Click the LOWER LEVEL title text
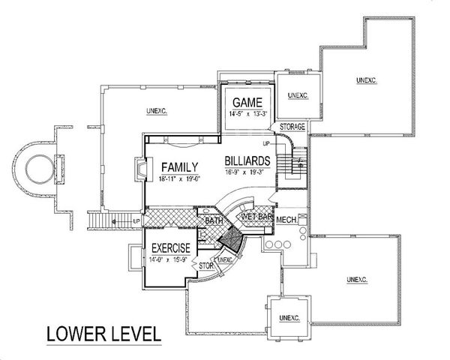[104, 333]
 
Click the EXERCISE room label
[170, 247]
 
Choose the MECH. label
[286, 220]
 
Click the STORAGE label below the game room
[292, 127]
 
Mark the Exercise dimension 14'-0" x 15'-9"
[170, 259]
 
